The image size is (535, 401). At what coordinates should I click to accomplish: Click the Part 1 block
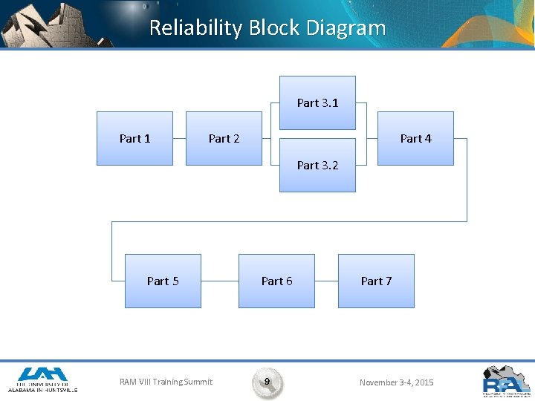point(134,138)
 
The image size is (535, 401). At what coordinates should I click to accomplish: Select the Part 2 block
point(224,138)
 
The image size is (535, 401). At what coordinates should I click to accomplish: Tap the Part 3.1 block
point(317,103)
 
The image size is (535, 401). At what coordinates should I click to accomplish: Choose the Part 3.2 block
point(317,166)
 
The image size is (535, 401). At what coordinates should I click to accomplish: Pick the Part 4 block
point(415,138)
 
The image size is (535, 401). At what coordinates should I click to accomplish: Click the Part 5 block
point(163,281)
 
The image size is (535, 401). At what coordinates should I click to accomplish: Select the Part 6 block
point(276,281)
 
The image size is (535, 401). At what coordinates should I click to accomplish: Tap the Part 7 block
point(376,281)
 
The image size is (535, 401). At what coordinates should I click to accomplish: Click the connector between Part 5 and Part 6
point(219,281)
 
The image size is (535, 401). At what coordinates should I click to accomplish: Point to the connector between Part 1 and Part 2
point(179,139)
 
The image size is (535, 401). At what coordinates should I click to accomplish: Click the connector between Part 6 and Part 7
point(326,281)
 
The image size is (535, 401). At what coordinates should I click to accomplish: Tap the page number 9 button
point(267,382)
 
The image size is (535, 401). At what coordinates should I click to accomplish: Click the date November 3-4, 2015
point(396,382)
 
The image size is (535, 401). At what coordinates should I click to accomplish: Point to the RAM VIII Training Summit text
point(166,382)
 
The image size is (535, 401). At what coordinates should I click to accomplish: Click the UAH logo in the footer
point(42,379)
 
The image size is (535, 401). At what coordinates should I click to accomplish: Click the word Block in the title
point(274,28)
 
